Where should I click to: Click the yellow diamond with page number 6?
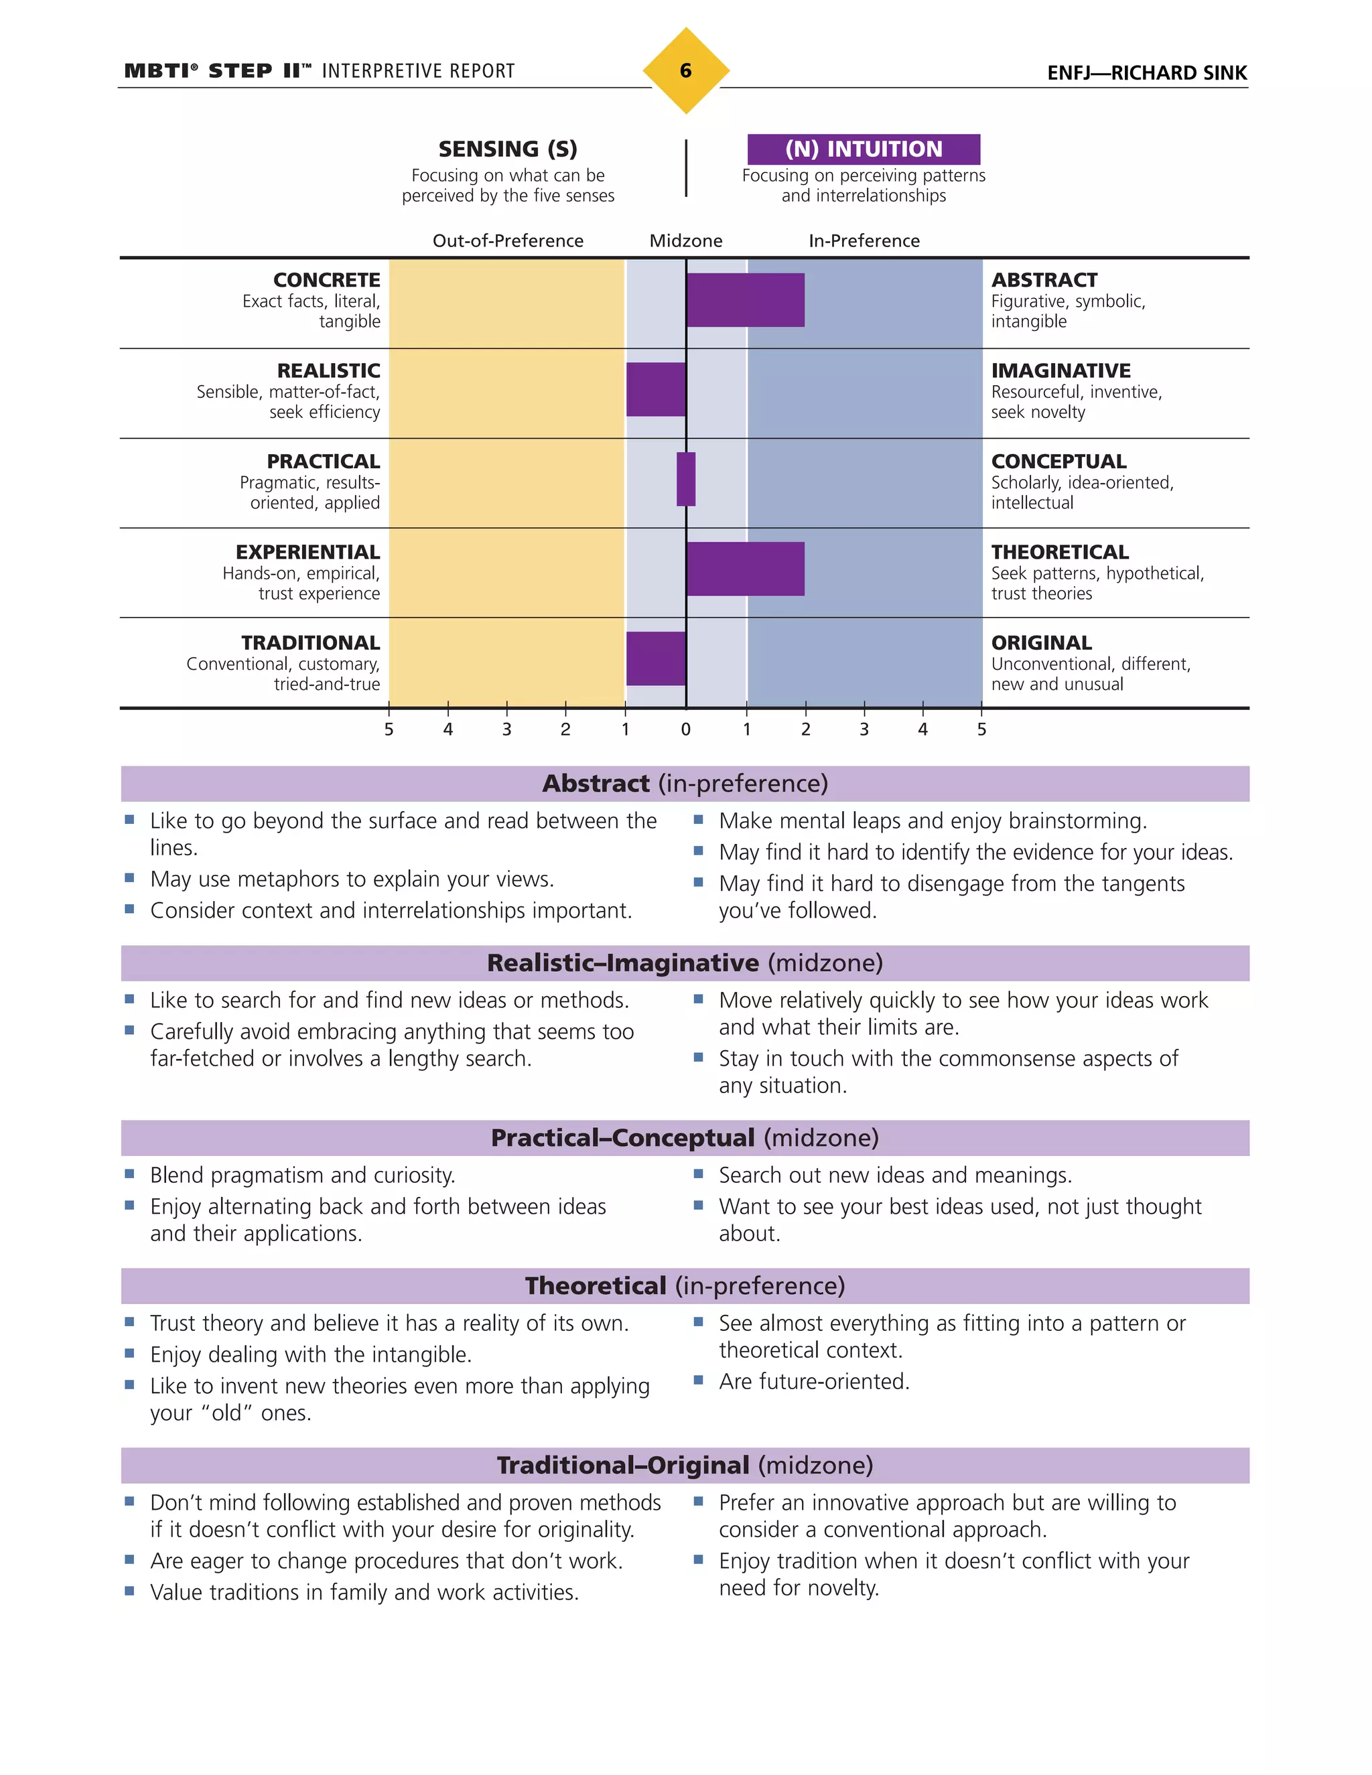pos(685,71)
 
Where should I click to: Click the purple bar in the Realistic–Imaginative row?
pos(655,389)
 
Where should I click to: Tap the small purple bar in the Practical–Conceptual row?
pos(686,480)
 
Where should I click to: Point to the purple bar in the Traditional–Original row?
pos(655,658)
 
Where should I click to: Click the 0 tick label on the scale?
pos(685,730)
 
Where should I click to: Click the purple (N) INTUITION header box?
pos(863,149)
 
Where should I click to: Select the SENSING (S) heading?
pos(508,149)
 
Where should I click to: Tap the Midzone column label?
pos(685,240)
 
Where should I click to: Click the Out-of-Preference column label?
pos(508,240)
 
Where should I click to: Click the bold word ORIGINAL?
pos(1041,643)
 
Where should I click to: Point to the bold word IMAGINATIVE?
pos(1060,370)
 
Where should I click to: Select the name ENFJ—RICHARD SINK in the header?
pos(1146,73)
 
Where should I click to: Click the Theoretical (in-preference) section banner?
pos(685,1286)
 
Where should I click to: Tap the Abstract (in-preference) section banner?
pos(685,784)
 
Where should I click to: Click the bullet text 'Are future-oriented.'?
pos(813,1382)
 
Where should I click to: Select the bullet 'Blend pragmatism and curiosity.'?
pos(302,1176)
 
